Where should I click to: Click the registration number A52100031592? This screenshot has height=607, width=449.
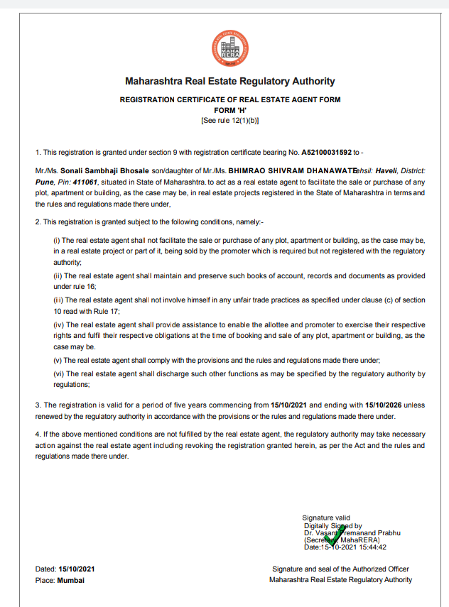point(326,152)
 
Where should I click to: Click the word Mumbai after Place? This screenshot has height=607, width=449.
point(71,580)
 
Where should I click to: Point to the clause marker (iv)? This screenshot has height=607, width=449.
point(58,324)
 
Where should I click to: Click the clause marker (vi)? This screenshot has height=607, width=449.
point(58,373)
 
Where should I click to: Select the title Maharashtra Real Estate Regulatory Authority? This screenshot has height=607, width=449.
point(229,81)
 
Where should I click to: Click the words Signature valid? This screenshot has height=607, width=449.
point(326,518)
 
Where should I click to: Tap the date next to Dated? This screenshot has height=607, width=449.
point(77,569)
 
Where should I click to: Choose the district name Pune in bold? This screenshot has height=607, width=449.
point(44,182)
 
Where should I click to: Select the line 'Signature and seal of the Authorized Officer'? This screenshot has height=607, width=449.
point(340,569)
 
